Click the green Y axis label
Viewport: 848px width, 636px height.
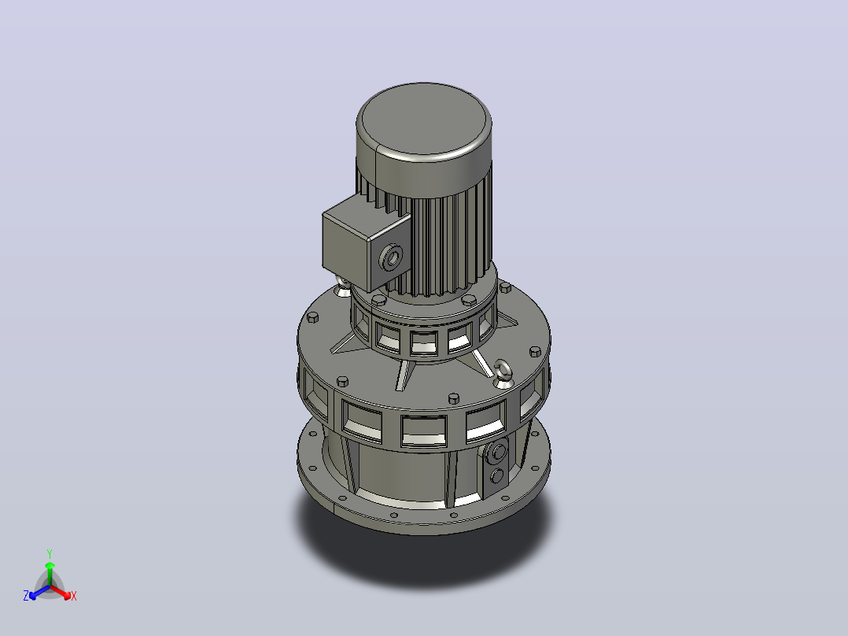point(50,553)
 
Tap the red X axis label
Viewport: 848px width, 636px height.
point(74,596)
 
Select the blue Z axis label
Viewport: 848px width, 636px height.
point(26,596)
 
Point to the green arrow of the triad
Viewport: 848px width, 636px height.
point(50,573)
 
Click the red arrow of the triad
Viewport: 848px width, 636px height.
point(61,592)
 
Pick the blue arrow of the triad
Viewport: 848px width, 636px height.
point(39,592)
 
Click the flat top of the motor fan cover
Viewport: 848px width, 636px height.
point(423,119)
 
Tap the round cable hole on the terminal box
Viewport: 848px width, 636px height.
point(392,257)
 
